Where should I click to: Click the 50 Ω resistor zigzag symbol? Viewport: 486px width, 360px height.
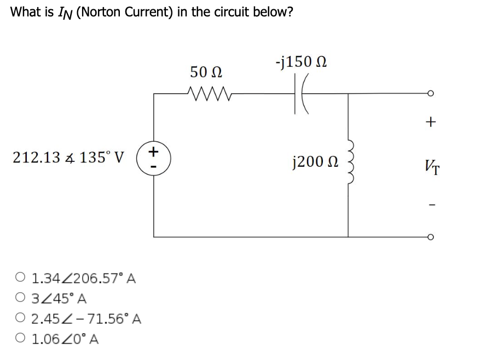tap(210, 93)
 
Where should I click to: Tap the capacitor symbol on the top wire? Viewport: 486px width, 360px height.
tap(301, 94)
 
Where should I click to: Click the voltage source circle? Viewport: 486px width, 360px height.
tap(153, 159)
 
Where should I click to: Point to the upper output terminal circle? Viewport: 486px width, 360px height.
tap(430, 93)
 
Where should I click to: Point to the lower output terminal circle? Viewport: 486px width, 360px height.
tap(430, 237)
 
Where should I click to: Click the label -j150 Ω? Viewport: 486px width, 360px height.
tap(301, 62)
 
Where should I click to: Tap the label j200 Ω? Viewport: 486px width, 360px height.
tap(315, 162)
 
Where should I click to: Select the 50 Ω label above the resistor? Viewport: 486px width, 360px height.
tap(206, 72)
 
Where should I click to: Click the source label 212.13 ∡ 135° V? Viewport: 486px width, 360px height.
tap(68, 158)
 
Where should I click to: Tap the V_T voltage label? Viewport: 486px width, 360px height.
tap(432, 167)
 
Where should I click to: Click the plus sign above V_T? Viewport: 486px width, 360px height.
tap(431, 122)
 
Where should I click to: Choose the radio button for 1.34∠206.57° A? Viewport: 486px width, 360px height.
tap(20, 277)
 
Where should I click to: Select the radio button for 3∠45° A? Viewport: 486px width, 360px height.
tap(20, 298)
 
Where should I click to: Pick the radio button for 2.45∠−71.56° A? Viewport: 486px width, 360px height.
tap(20, 318)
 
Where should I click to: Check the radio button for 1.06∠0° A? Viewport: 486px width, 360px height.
tap(20, 338)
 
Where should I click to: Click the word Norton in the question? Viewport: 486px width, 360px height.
tap(101, 12)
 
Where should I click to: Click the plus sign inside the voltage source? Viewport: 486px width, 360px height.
tap(153, 152)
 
